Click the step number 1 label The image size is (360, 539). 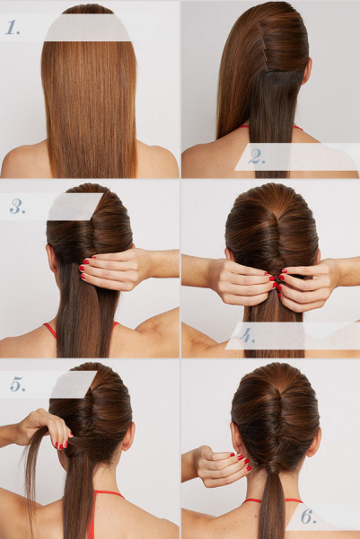click(x=13, y=28)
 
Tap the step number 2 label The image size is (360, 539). click(x=257, y=156)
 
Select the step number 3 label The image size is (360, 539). click(x=18, y=207)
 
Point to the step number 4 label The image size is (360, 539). click(x=247, y=335)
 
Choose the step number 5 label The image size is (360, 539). click(x=18, y=384)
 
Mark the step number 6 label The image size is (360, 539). click(x=308, y=516)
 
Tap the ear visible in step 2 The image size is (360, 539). click(x=307, y=71)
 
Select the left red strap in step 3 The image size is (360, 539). click(x=50, y=331)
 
